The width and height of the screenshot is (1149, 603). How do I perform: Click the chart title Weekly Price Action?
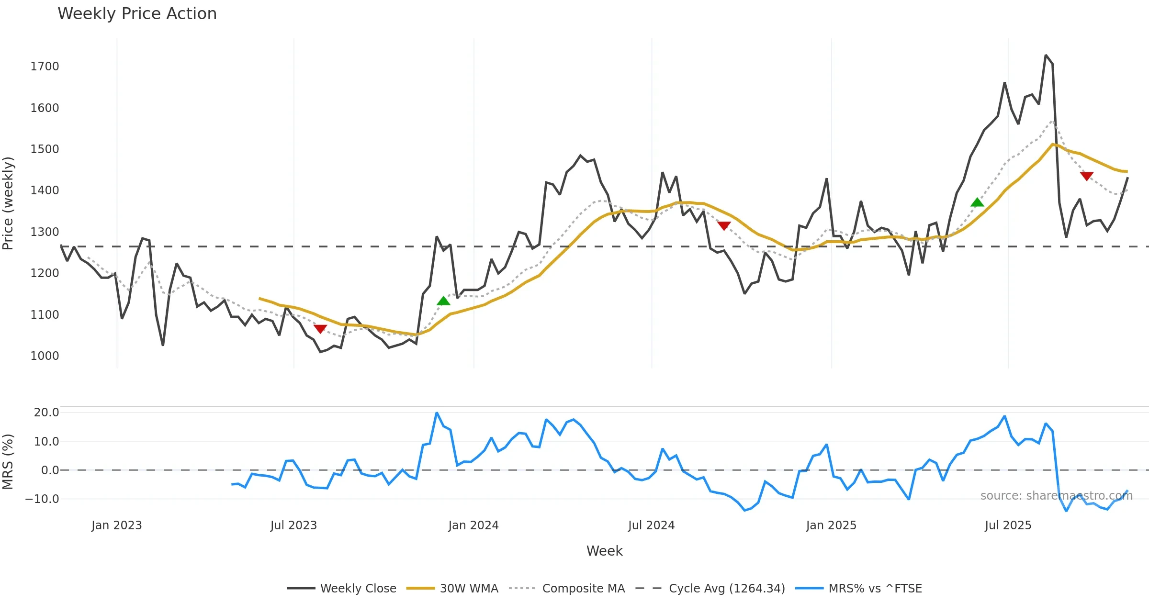[137, 13]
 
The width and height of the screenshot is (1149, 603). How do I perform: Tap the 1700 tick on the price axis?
[45, 66]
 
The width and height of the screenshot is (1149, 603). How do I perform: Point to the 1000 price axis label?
[45, 356]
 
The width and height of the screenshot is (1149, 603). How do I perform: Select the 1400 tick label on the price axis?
[45, 190]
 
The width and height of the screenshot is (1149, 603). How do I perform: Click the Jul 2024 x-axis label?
[651, 525]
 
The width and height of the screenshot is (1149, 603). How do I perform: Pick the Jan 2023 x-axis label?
[116, 525]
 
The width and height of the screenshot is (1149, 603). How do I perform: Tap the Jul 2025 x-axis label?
[1008, 525]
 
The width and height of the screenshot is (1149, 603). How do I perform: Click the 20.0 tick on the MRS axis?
[46, 412]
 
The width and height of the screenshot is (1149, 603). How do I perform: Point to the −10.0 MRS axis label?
[42, 499]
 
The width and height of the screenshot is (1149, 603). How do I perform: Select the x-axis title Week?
[604, 551]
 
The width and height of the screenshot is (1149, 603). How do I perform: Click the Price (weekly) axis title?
[8, 203]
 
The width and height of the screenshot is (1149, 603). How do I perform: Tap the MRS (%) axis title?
[8, 461]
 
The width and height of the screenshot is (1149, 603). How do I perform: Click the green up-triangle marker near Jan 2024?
[443, 301]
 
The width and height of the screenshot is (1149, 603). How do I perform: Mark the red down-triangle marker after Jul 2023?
[320, 329]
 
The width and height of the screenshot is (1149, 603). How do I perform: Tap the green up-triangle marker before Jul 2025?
[977, 202]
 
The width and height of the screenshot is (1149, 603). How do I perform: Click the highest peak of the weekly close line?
[1046, 56]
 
